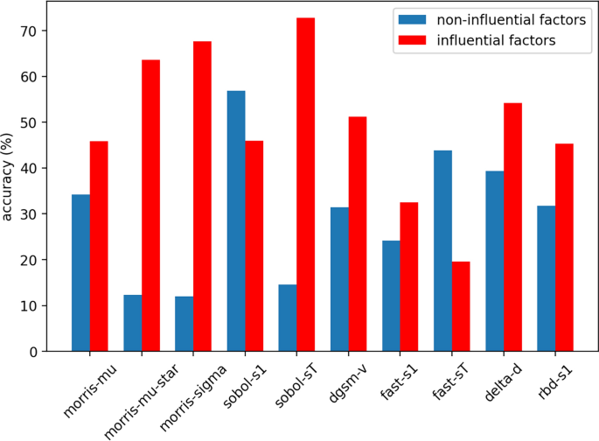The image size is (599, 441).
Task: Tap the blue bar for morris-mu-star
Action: pos(133,323)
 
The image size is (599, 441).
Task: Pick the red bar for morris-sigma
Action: pos(202,196)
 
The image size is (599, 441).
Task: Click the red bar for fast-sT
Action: pos(461,306)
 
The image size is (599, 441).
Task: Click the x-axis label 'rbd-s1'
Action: pos(554,379)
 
